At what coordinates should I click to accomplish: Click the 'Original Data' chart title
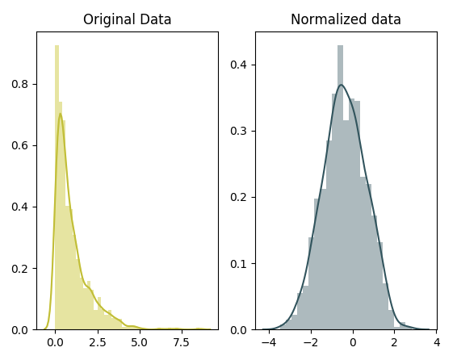coord(128,19)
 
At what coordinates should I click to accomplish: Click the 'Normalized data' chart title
coord(346,19)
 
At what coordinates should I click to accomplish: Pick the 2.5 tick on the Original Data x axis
coord(97,342)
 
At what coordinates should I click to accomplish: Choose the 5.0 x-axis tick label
coord(139,342)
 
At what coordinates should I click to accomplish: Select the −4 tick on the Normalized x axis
coord(267,342)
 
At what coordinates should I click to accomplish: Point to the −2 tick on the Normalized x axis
coord(309,342)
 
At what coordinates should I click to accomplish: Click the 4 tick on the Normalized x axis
coord(436,342)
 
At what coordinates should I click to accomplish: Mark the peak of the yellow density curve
coord(60,114)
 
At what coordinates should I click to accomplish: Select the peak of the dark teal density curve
coord(341,85)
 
